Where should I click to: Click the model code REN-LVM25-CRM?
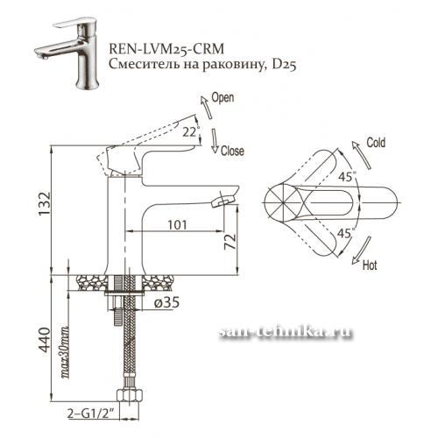tap(166, 49)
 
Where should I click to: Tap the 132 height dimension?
tap(45, 204)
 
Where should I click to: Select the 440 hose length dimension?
tap(45, 340)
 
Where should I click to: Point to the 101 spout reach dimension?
tap(177, 224)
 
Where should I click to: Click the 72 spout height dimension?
tap(230, 241)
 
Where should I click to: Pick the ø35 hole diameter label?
tap(166, 303)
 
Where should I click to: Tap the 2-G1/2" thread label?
tap(90, 413)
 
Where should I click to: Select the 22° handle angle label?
tap(191, 132)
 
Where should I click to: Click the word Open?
tap(223, 98)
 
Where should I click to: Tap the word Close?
tap(232, 151)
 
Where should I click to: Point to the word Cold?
tap(376, 143)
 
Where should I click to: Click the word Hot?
tap(370, 265)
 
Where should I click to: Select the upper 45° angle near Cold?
tap(347, 176)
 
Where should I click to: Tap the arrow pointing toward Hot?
tap(362, 251)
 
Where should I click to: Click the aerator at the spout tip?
tap(223, 201)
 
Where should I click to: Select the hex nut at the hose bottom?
tap(130, 396)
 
